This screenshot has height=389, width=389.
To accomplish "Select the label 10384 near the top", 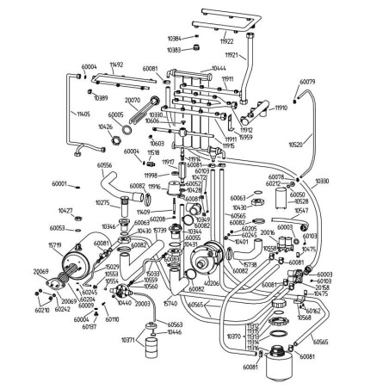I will pos(175,39).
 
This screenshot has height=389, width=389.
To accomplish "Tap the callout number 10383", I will pos(175,50).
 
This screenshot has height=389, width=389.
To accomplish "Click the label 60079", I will pos(306,83).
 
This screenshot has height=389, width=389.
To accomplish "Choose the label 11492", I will pos(117,65).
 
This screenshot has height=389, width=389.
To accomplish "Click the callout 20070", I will pos(133,100).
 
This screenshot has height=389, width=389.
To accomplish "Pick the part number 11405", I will pos(83,113).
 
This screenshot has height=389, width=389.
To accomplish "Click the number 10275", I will pos(102,203).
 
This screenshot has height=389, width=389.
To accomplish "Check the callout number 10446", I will pos(175,332).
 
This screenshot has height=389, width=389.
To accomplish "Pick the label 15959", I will pos(246,138).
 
